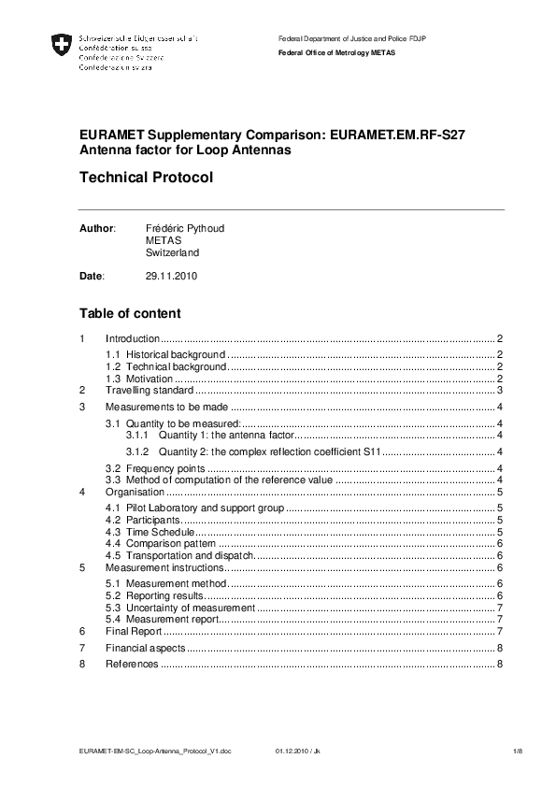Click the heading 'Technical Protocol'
tap(147, 178)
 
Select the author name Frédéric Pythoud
tap(185, 228)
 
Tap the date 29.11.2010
tap(172, 276)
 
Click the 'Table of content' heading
tap(130, 313)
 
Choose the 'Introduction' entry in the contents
tap(133, 338)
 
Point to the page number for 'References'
tap(501, 664)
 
